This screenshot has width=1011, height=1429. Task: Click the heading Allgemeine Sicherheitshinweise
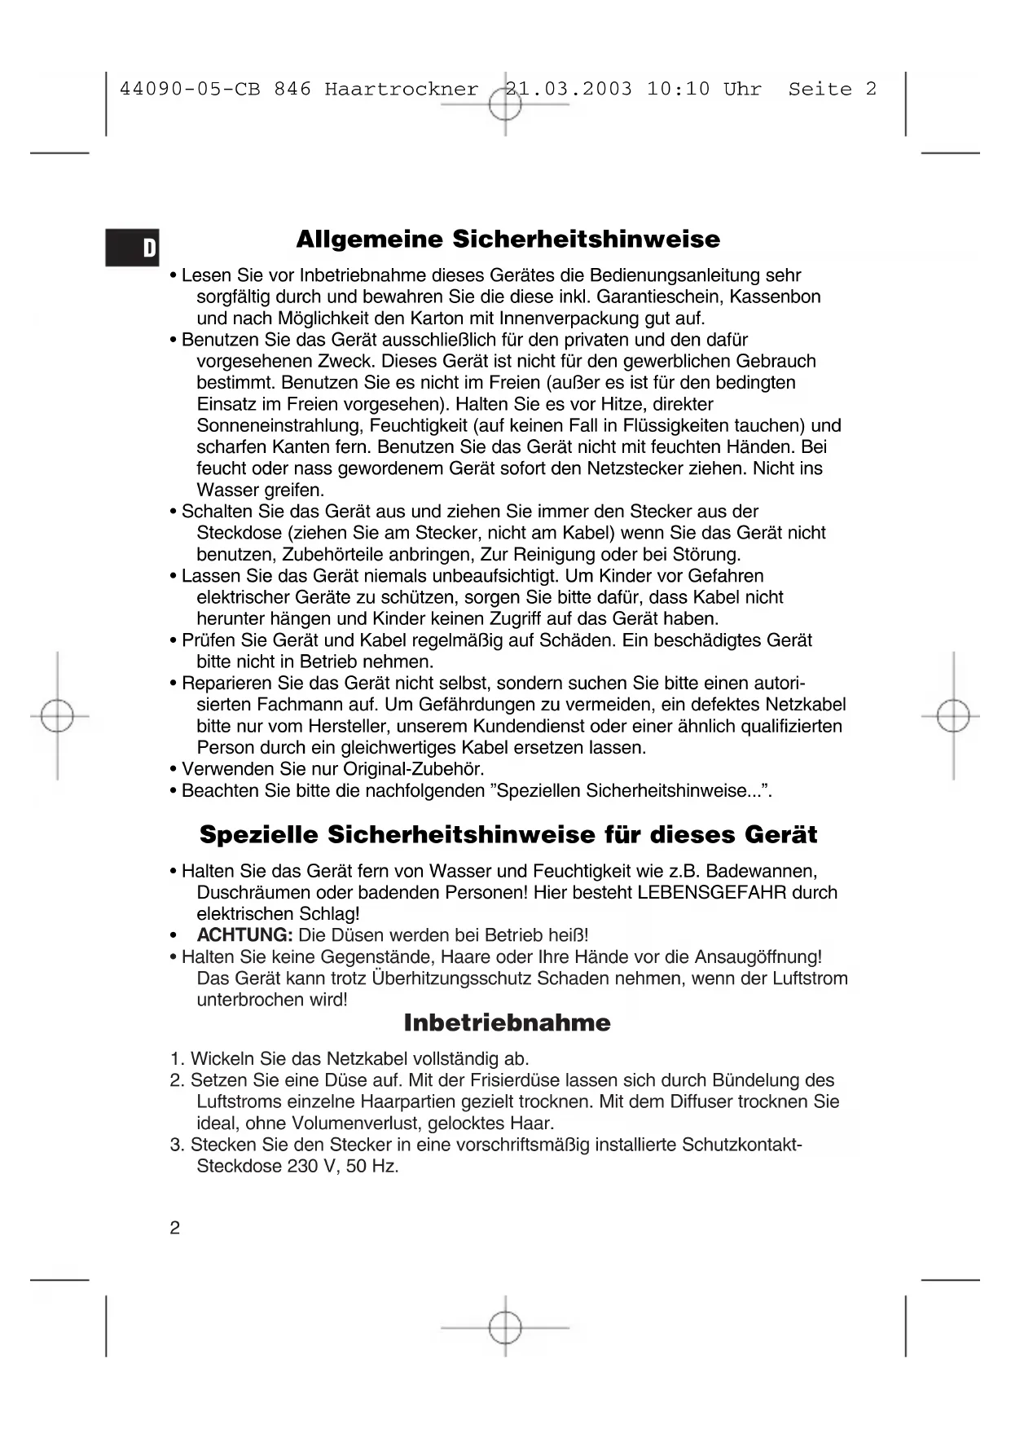tap(508, 240)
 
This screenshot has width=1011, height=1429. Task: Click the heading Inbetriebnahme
tap(507, 1023)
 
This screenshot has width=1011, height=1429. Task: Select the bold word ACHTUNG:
tap(244, 935)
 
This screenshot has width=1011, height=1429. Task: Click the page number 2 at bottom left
tap(174, 1228)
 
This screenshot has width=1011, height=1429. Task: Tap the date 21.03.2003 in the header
tap(569, 89)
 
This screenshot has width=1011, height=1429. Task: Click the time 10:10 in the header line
tap(678, 89)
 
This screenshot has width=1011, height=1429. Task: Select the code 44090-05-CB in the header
tap(190, 89)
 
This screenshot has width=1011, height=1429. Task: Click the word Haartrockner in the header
tap(401, 89)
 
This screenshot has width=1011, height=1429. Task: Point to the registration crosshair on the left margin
tap(57, 716)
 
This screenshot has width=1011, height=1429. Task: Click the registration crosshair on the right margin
tap(953, 716)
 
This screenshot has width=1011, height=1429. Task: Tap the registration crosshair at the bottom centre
tap(505, 1327)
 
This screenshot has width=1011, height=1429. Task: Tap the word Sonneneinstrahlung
tap(281, 425)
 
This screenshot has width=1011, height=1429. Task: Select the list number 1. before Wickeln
tap(178, 1059)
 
